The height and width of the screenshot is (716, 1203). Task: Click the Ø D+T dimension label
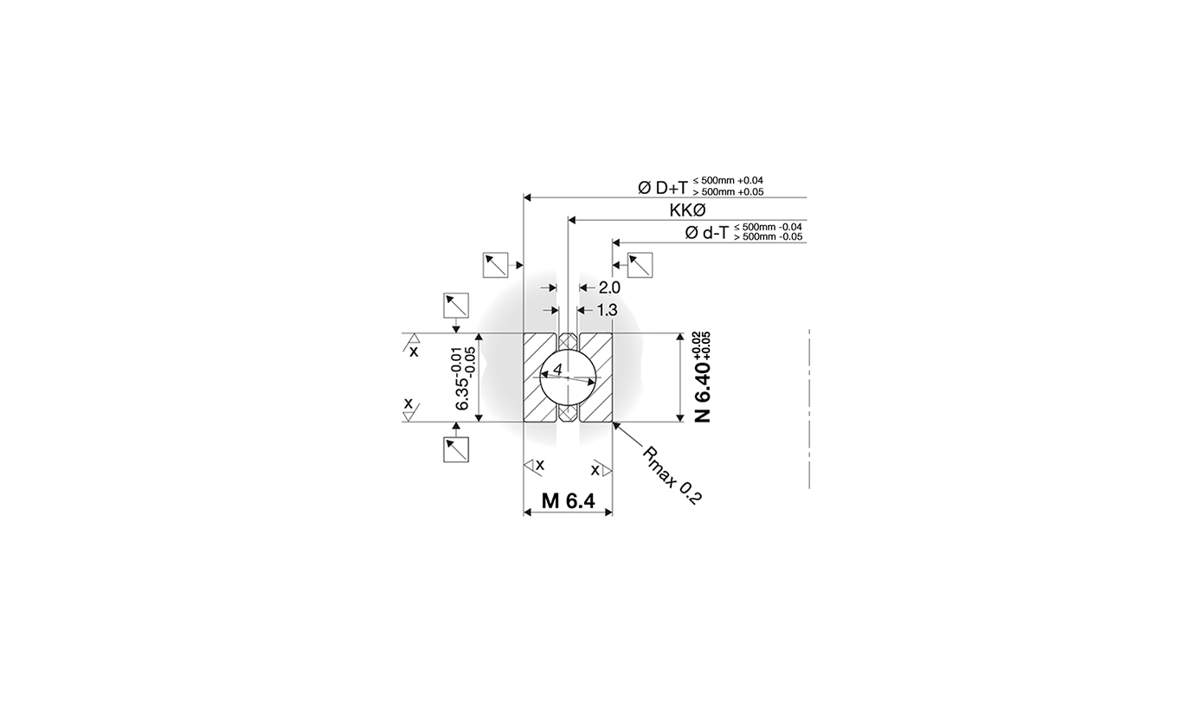pos(663,187)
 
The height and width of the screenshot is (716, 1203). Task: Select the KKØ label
pos(688,210)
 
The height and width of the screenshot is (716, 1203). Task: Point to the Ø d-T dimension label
pos(706,232)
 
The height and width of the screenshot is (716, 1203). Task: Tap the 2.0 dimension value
pos(609,287)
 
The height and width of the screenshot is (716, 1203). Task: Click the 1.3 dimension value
pos(607,310)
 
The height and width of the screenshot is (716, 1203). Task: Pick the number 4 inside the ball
pos(558,371)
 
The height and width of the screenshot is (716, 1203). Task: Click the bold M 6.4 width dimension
pos(568,500)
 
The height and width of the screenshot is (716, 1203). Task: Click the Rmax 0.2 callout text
pos(672,475)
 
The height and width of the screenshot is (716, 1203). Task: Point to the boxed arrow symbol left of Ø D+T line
pos(495,265)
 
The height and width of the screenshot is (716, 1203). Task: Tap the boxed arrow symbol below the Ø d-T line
pos(640,265)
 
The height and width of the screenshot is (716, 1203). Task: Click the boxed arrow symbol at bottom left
pos(456,449)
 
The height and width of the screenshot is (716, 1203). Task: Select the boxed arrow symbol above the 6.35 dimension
pos(456,306)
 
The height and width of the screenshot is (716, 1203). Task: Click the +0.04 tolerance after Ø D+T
pos(750,181)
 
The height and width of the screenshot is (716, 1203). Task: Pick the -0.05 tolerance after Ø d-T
pos(790,237)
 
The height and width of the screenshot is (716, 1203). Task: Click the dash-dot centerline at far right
pos(809,407)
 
